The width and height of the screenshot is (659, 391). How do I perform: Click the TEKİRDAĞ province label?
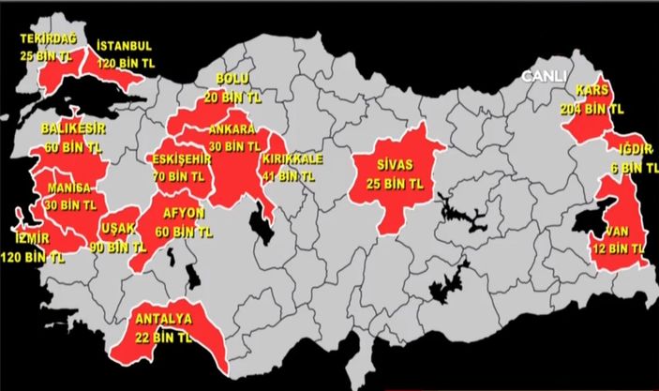[50, 39]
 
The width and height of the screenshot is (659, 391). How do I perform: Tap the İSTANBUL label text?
[124, 45]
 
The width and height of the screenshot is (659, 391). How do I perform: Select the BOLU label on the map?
[232, 78]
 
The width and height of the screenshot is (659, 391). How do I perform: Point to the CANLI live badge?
[545, 74]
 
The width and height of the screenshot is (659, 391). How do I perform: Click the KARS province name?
[592, 92]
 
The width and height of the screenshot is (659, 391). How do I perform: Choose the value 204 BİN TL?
[601, 108]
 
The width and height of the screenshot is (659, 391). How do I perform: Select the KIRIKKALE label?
[293, 159]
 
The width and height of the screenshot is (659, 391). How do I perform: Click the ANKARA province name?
[234, 129]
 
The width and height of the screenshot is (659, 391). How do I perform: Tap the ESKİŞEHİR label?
[181, 158]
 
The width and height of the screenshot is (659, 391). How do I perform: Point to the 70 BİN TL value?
[179, 174]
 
